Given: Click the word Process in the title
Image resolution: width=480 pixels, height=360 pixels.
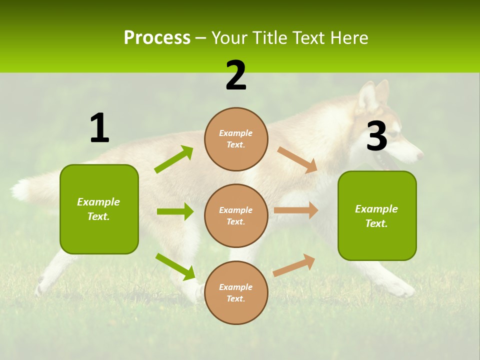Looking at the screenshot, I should [x=157, y=37].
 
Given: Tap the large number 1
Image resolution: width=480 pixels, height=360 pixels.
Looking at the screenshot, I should [x=99, y=128].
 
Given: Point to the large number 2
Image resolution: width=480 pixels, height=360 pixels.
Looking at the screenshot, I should [x=236, y=75].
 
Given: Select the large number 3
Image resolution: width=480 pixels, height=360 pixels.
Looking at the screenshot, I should [x=376, y=136].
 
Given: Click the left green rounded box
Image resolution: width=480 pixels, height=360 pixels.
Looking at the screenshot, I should [x=99, y=209].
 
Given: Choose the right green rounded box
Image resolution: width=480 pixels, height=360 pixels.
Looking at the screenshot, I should [x=377, y=215].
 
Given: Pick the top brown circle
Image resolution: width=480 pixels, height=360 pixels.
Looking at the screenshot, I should [x=236, y=139].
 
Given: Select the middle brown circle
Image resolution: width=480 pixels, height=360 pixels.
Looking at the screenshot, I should [x=236, y=215].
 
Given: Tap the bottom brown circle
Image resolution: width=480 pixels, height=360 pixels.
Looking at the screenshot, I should [x=236, y=292].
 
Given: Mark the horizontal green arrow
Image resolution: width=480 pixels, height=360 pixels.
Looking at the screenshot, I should [x=175, y=211].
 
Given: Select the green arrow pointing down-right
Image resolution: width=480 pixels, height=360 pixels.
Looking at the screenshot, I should [x=175, y=266].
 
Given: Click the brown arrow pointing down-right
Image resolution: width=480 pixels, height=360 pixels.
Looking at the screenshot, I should [x=297, y=160].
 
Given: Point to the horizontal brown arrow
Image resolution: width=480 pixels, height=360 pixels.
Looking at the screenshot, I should [x=296, y=210].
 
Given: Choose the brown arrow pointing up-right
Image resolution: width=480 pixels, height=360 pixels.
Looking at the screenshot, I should [x=294, y=265].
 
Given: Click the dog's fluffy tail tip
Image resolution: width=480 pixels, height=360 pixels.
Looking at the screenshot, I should [x=20, y=190].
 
